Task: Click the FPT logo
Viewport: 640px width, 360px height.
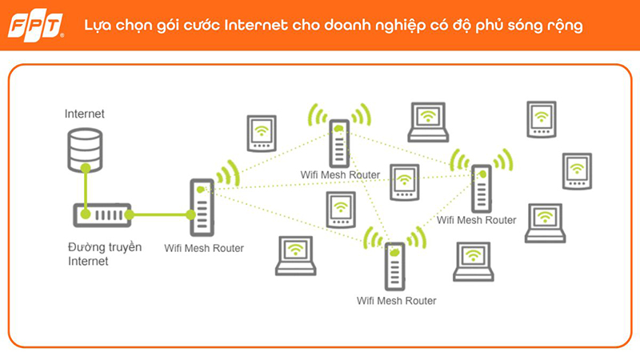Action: point(36,26)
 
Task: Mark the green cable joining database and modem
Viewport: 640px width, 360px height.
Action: point(83,186)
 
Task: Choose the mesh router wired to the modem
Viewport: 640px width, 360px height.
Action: point(201,206)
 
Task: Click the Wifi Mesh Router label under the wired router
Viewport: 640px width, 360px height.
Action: point(204,248)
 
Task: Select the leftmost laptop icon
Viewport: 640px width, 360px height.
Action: point(296,256)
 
